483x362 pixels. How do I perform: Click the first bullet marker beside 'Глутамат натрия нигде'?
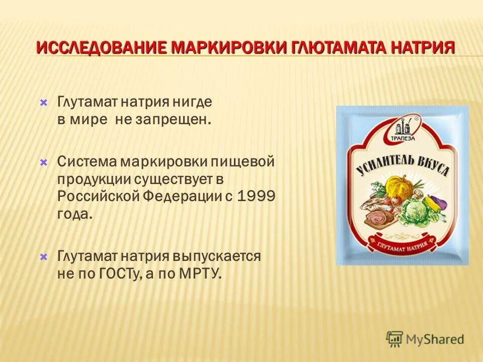click(44, 103)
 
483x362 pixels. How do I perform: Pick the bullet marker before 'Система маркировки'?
click(44, 162)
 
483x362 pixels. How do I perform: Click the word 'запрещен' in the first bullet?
click(170, 120)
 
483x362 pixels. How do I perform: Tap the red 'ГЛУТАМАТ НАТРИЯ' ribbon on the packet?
click(400, 244)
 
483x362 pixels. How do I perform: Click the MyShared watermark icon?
click(395, 339)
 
